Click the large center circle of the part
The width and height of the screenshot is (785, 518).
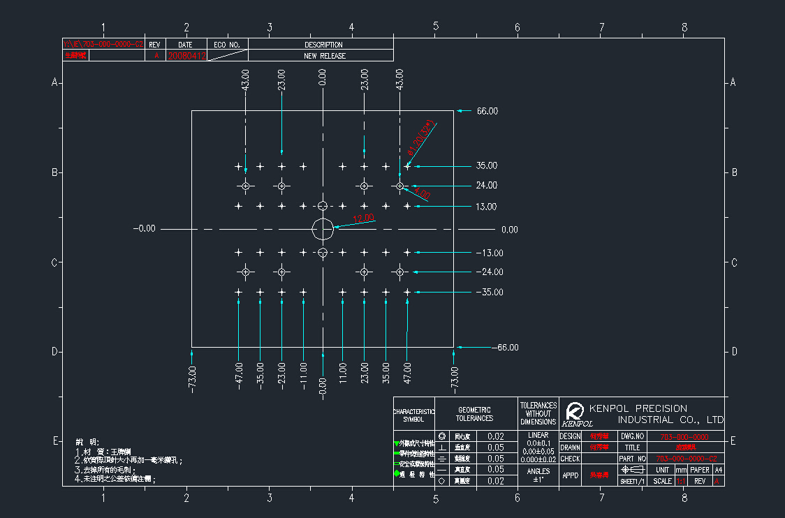[x=323, y=228]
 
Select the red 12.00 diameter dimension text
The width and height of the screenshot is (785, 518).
[x=363, y=219]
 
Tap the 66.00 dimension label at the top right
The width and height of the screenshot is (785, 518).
[x=487, y=111]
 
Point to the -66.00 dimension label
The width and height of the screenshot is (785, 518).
[x=505, y=348]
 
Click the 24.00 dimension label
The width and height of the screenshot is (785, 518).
[x=487, y=186]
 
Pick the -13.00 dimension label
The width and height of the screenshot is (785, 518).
[x=489, y=253]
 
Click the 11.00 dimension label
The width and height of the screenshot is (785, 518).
[x=343, y=371]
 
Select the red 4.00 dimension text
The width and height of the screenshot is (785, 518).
[x=422, y=193]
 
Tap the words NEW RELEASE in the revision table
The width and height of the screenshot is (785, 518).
[x=323, y=56]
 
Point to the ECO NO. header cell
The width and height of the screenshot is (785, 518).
[x=227, y=45]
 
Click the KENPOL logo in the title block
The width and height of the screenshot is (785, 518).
[x=576, y=413]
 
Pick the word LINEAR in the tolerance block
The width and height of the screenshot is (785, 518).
[x=538, y=435]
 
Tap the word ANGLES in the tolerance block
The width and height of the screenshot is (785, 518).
[x=538, y=471]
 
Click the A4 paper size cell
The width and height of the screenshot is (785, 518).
[x=718, y=470]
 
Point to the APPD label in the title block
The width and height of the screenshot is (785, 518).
[x=570, y=475]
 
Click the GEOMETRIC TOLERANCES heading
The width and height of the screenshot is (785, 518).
[x=474, y=414]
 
